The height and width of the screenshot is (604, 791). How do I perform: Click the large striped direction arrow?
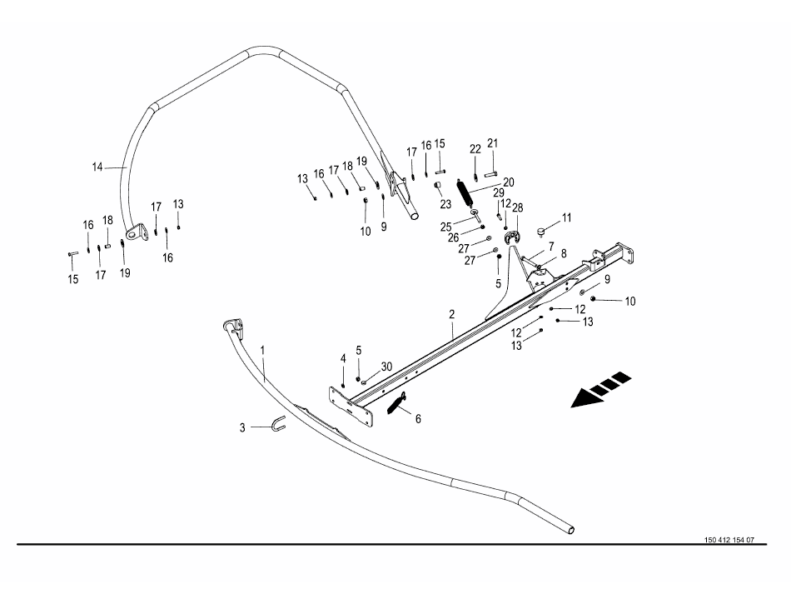600,391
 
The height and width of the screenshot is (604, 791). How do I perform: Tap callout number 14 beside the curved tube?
97,167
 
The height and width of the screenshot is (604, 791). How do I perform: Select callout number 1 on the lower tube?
262,352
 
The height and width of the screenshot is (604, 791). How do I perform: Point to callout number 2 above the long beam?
451,315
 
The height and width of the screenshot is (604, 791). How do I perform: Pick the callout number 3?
242,427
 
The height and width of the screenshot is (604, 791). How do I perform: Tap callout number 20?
509,182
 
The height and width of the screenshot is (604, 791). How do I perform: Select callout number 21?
492,144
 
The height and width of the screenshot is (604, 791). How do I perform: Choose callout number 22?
475,149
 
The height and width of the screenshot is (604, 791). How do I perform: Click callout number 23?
445,203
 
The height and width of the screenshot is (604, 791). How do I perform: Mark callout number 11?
567,218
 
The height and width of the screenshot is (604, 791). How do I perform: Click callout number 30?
386,367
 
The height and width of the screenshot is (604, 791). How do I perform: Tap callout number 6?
418,419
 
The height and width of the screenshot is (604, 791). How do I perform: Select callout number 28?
517,207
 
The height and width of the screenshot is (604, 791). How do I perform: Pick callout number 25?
445,227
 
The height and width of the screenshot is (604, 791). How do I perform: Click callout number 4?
342,358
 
